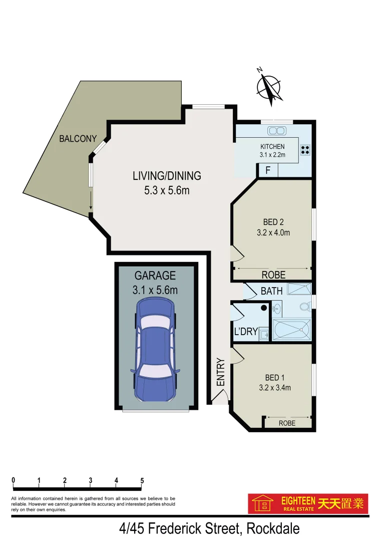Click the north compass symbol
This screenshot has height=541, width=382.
270,88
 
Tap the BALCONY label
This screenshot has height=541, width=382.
78,139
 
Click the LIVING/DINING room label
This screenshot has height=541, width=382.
167,176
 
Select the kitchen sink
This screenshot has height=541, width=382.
276,131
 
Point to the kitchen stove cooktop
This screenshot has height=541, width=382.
305,149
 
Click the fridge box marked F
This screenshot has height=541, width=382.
268,170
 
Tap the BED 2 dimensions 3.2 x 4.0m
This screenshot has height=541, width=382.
273,232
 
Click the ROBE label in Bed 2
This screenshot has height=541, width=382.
273,275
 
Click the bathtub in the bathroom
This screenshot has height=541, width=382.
291,330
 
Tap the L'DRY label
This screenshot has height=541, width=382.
246,331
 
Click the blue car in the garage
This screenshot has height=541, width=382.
155,350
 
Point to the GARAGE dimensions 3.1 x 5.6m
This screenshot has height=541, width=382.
155,290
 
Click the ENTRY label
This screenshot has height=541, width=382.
220,372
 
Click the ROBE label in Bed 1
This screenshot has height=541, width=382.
287,423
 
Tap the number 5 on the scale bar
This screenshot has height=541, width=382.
142,480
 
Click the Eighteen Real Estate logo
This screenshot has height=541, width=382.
308,503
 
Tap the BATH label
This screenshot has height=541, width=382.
271,291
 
